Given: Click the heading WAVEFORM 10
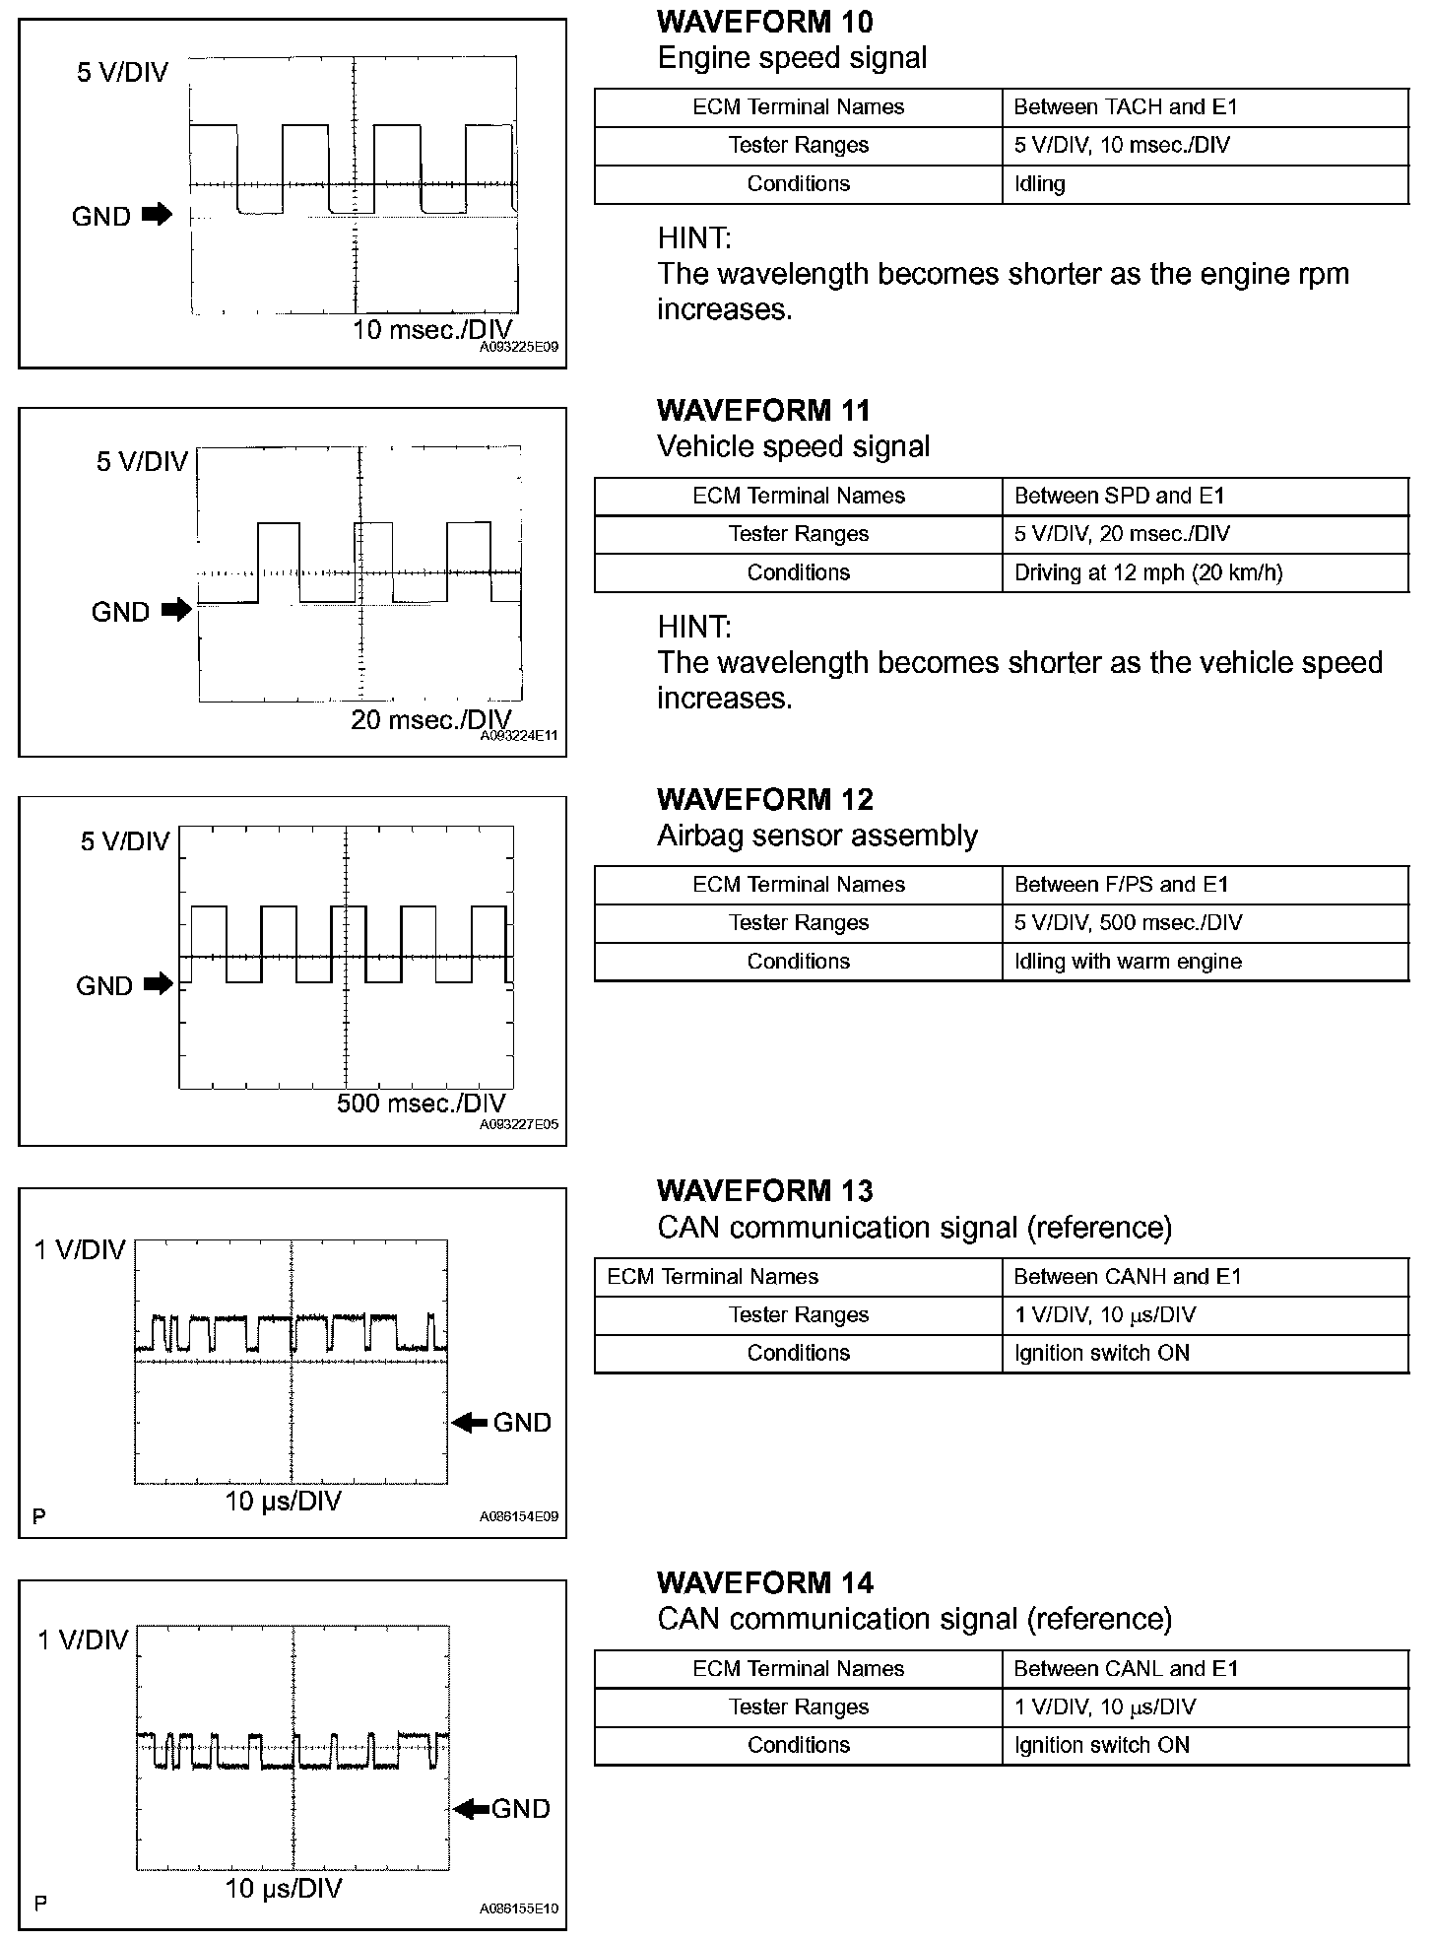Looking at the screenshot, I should pos(764,22).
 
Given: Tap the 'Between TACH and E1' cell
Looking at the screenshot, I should pos(1125,107).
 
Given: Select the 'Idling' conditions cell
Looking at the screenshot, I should pos(1039,184).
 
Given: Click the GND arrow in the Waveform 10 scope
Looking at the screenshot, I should pos(157,214).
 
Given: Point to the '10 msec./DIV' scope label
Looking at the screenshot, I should pos(432,330).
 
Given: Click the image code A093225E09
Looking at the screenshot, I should pos(519,348).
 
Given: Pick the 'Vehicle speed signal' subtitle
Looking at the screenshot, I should pos(793,447).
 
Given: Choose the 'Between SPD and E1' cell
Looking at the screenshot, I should pos(1119,496).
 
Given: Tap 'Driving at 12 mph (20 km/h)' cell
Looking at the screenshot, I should pos(1147,572).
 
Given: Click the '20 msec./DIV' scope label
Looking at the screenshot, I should pos(431,719).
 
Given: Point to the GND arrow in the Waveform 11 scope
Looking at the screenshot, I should pos(176,611).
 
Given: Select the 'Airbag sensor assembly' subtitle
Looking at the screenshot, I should pos(816,837).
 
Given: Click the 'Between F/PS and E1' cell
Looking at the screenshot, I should pos(1121,885).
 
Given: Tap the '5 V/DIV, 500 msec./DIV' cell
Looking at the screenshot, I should pos(1128,923).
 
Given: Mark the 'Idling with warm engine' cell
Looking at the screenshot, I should pos(1128,962).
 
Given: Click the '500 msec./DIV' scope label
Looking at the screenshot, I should pos(421,1104).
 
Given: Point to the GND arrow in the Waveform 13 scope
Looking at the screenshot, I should pos(470,1422).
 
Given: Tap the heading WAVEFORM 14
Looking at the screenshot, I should pos(764,1583).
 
